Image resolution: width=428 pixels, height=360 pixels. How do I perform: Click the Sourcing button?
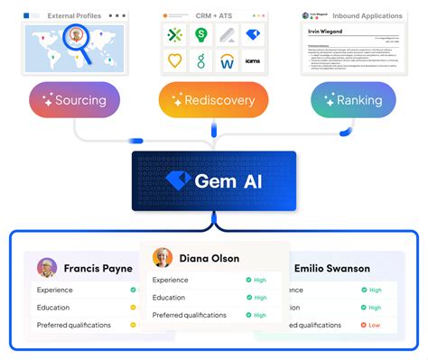pyautogui.click(x=74, y=99)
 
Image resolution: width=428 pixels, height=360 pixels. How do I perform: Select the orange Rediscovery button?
pyautogui.click(x=213, y=99)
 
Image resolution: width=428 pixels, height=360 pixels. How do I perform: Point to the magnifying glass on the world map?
pyautogui.click(x=79, y=41)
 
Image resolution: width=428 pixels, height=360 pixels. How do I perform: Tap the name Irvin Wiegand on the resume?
pyautogui.click(x=326, y=32)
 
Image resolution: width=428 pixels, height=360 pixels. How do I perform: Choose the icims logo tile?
pyautogui.click(x=253, y=61)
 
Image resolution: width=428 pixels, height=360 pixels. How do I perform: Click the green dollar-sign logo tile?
pyautogui.click(x=201, y=35)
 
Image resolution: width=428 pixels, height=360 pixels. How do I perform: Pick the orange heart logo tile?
pyautogui.click(x=176, y=61)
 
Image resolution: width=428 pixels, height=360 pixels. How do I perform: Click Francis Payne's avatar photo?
pyautogui.click(x=47, y=268)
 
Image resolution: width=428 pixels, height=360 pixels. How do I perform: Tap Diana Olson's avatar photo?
pyautogui.click(x=163, y=258)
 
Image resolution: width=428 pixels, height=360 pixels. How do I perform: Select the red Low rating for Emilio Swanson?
pyautogui.click(x=374, y=324)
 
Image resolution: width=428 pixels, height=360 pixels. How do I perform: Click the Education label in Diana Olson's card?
pyautogui.click(x=169, y=297)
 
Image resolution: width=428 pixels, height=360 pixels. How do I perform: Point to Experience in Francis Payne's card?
pyautogui.click(x=56, y=290)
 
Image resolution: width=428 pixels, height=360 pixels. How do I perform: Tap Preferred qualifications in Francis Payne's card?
pyautogui.click(x=74, y=325)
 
